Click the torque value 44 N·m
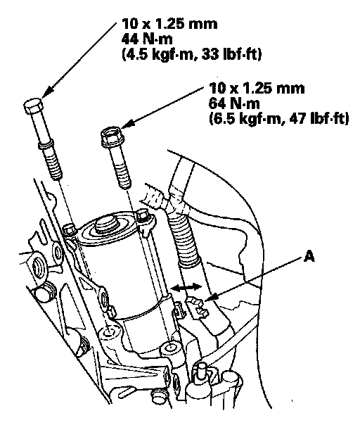pos(147,39)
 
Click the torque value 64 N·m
pos(234,103)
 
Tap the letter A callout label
pos(309,256)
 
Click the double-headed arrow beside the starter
pos(186,288)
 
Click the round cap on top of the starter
pos(106,223)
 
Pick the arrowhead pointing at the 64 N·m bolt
pos(128,124)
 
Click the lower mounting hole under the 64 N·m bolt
pos(170,347)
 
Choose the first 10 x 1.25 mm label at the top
pos(169,24)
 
